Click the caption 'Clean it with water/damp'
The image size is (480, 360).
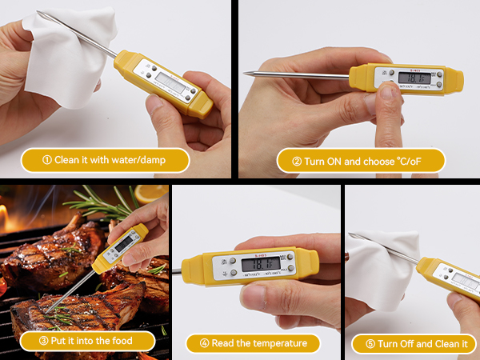click(105, 159)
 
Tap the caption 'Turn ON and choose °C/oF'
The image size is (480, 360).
click(361, 160)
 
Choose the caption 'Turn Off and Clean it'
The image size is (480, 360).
click(413, 343)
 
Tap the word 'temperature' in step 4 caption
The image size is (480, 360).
click(280, 343)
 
